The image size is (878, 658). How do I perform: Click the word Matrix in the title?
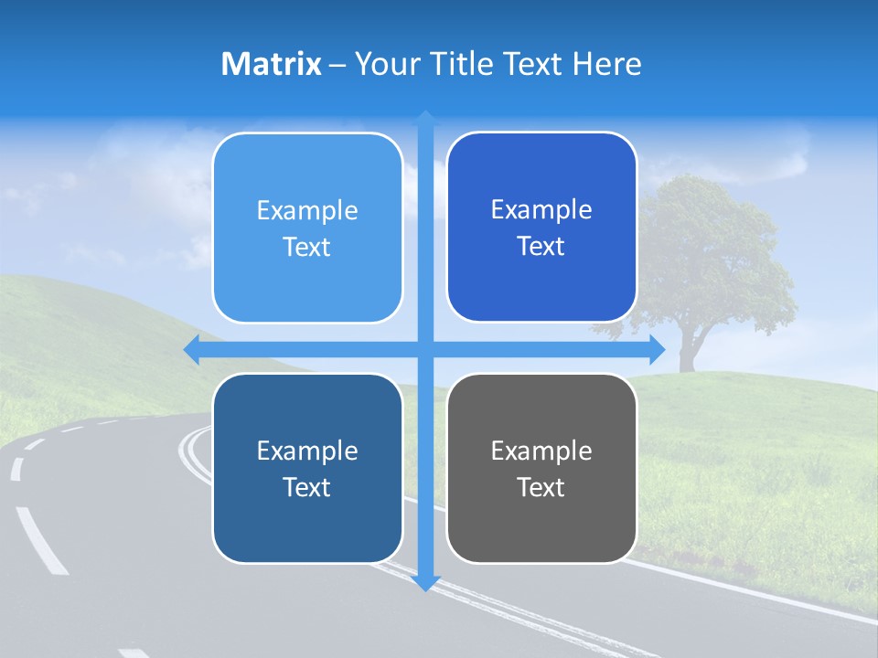[271, 64]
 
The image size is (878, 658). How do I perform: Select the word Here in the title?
[607, 64]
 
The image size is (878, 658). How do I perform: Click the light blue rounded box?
[307, 228]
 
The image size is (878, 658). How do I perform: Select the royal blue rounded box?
[541, 228]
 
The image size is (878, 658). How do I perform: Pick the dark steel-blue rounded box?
[307, 468]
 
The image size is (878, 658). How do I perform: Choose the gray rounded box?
[541, 468]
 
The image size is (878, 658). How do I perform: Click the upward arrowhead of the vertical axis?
[425, 118]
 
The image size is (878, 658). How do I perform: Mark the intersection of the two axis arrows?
[425, 350]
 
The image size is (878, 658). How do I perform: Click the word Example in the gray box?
[541, 451]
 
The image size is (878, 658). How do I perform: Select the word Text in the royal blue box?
[541, 246]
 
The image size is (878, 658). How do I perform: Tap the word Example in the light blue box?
[307, 210]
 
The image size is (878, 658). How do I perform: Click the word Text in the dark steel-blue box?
[307, 487]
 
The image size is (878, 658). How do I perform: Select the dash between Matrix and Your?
[337, 65]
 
